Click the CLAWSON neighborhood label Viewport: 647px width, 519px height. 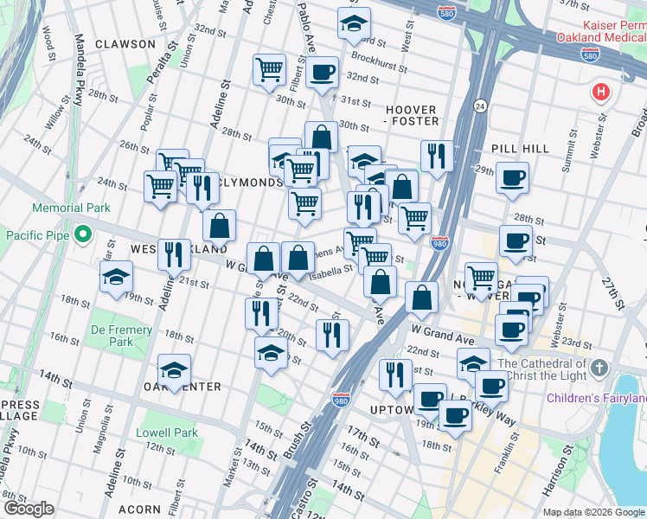[x=126, y=44]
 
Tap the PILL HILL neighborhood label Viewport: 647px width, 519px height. [x=520, y=149]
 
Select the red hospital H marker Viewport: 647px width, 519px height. [x=599, y=92]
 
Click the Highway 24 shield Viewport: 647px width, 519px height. [x=479, y=106]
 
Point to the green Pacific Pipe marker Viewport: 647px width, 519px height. [x=83, y=234]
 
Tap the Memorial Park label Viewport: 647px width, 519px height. [x=72, y=208]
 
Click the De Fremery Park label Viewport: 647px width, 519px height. [x=122, y=336]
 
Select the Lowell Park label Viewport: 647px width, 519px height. [x=167, y=432]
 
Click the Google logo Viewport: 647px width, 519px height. [x=29, y=509]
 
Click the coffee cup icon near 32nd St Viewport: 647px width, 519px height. [x=322, y=73]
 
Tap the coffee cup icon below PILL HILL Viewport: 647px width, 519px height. [x=512, y=177]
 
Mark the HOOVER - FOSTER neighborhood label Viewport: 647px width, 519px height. [x=412, y=116]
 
